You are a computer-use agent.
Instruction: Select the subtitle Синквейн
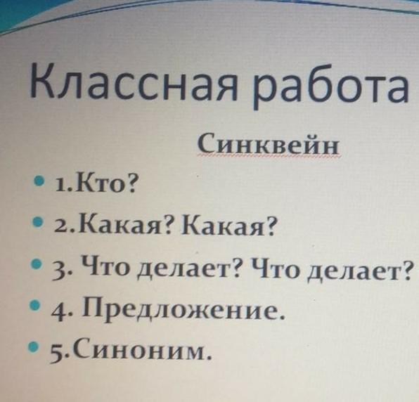[x=269, y=143]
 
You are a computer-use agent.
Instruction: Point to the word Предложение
[x=183, y=309]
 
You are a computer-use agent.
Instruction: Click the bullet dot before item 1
[x=39, y=181]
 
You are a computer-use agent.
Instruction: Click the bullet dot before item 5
[x=33, y=346]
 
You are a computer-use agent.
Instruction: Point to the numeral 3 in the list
[x=58, y=272]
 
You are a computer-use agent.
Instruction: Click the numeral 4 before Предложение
[x=58, y=313]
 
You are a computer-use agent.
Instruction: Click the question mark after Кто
[x=130, y=184]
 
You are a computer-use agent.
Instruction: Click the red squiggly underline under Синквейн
[x=269, y=157]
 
